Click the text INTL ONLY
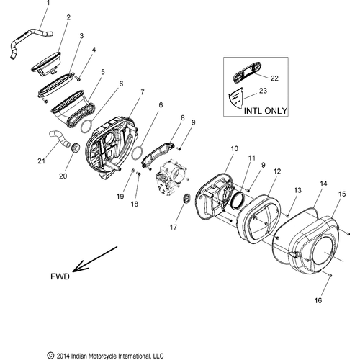click(x=266, y=111)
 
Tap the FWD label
click(x=60, y=276)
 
